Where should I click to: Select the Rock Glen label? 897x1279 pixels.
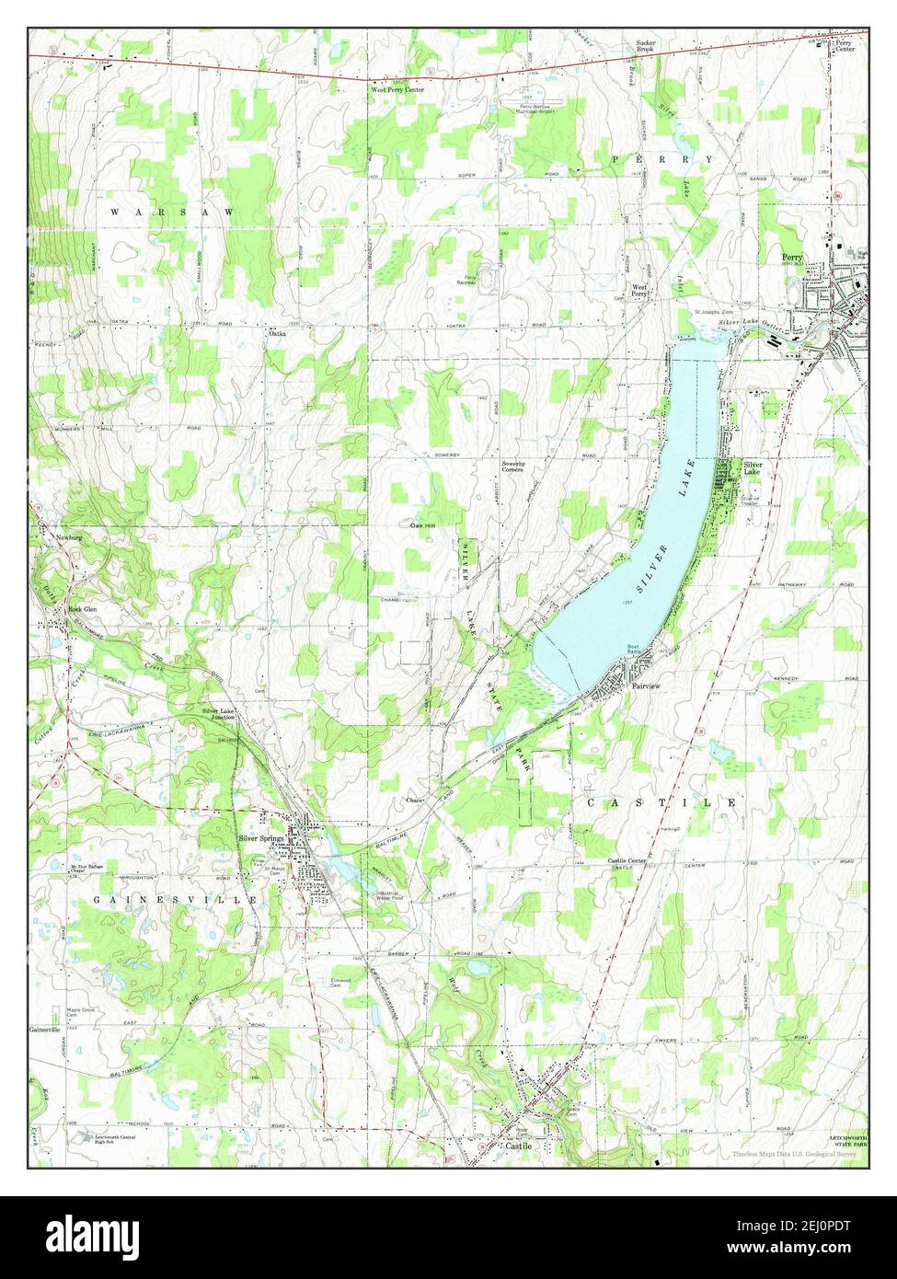[x=78, y=609]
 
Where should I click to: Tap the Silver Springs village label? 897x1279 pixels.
[x=260, y=838]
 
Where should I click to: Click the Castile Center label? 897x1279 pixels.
[x=627, y=861]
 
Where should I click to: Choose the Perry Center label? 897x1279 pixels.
[x=844, y=46]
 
